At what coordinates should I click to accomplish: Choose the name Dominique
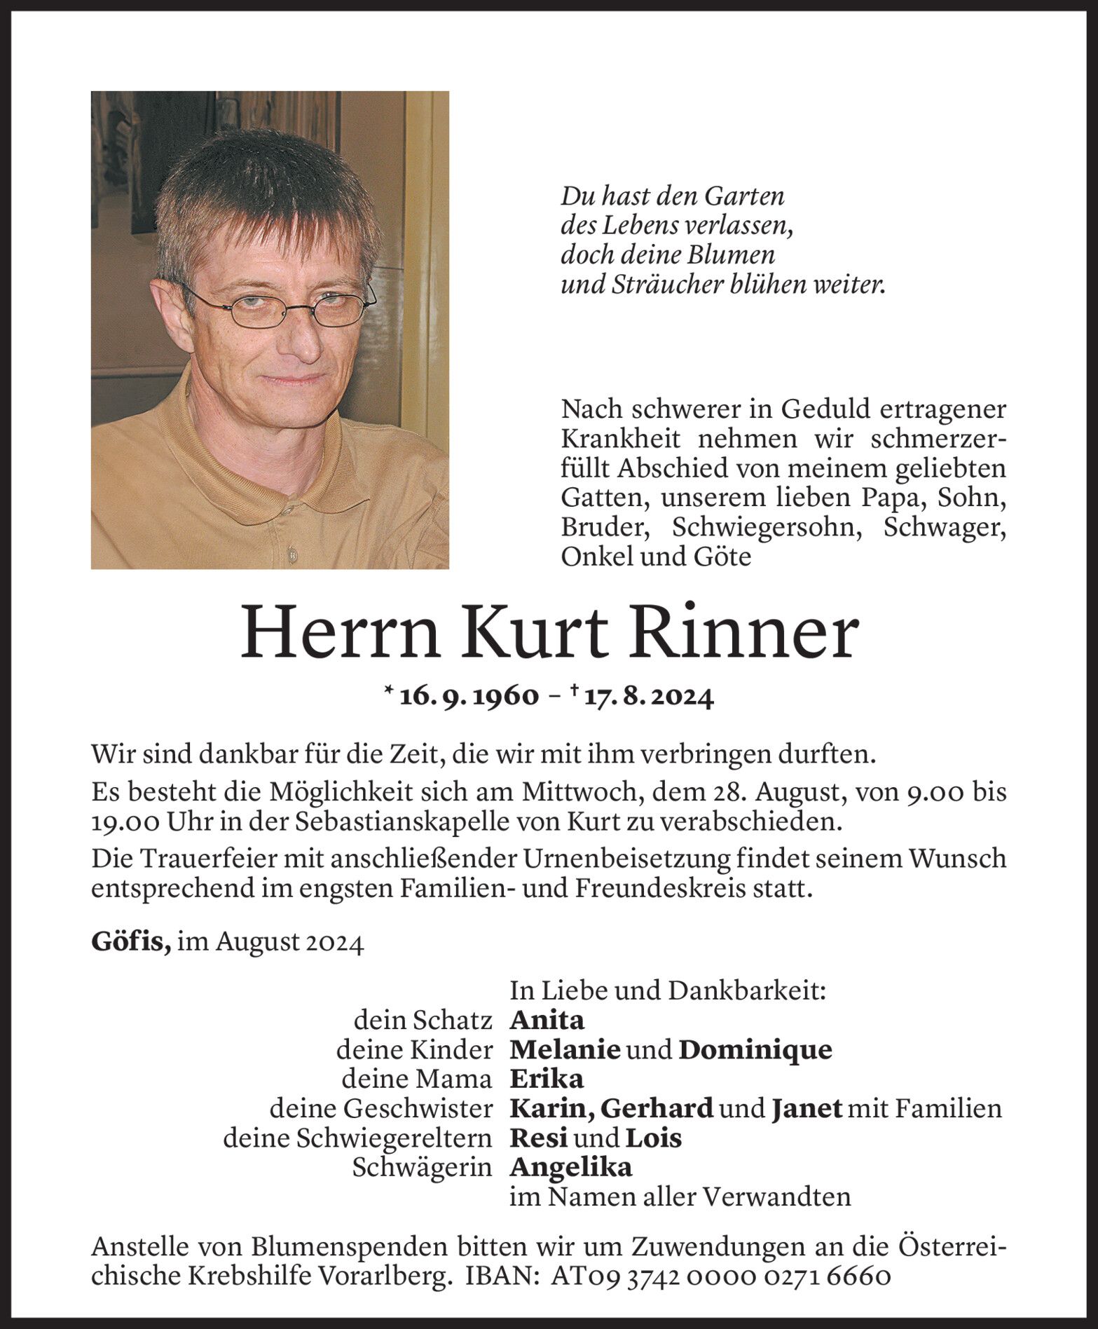coord(755,1049)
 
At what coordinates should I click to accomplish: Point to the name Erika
coord(547,1078)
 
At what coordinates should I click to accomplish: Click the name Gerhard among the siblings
coord(657,1108)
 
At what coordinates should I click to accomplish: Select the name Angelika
coord(571,1167)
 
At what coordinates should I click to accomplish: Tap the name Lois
coord(653,1137)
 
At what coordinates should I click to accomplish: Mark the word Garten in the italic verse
coord(744,197)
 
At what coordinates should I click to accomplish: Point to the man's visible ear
coord(167,294)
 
